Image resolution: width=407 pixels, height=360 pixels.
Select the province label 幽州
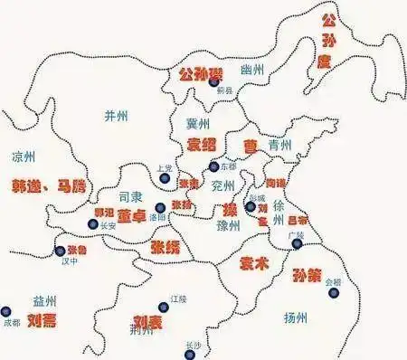coord(253,71)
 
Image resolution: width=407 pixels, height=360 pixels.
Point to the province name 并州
coord(117,115)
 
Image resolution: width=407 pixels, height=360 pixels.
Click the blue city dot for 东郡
coord(213,166)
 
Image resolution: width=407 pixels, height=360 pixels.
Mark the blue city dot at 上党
coord(165,179)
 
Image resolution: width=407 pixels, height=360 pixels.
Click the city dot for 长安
coord(92,223)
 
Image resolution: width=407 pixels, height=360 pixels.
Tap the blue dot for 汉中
coord(61,251)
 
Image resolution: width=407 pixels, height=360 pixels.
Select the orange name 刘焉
coord(42,321)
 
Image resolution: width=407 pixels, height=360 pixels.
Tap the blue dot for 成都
coord(7,310)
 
